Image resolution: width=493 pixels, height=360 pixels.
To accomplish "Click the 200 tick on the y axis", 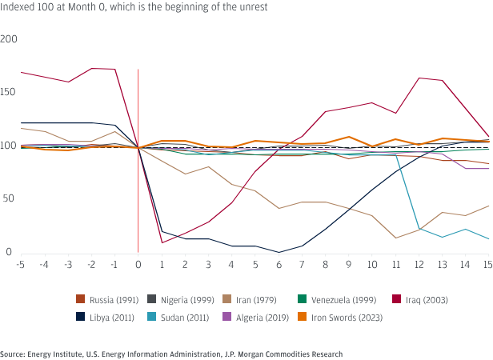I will click(x=10, y=38).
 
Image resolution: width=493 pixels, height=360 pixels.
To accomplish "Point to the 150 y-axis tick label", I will click(x=10, y=92).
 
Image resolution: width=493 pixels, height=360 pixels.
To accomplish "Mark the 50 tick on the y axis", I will click(x=11, y=198).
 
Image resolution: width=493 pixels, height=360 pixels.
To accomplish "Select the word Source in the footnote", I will click(x=12, y=354).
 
